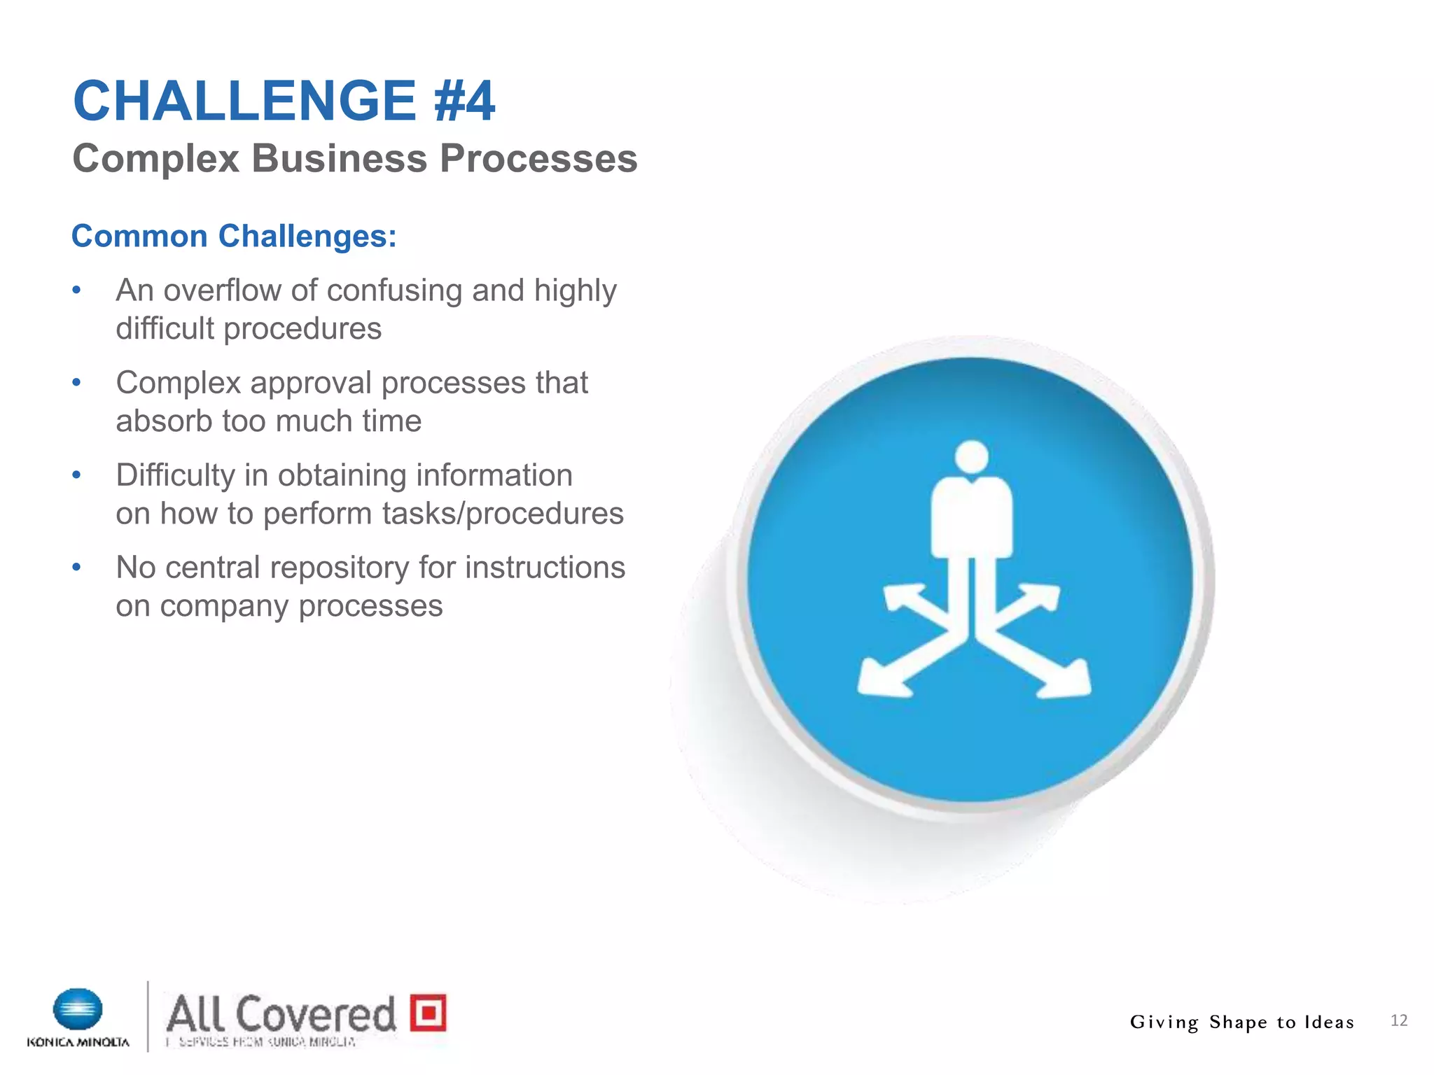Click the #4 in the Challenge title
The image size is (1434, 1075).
point(464,101)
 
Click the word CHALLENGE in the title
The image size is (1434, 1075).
point(244,101)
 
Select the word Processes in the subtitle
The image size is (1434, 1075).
point(538,158)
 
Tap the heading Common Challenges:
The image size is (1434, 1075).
point(234,236)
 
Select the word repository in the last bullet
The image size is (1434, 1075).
point(340,568)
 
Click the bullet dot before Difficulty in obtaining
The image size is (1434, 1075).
point(77,475)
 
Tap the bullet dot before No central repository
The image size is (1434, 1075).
point(77,568)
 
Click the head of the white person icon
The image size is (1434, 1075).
point(971,457)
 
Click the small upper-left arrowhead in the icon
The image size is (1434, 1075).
point(900,597)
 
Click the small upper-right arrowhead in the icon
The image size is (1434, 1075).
point(1043,596)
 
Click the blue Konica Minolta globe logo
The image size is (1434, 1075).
point(78,1009)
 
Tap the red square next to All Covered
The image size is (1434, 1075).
point(428,1012)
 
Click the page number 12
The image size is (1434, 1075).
point(1398,1020)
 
